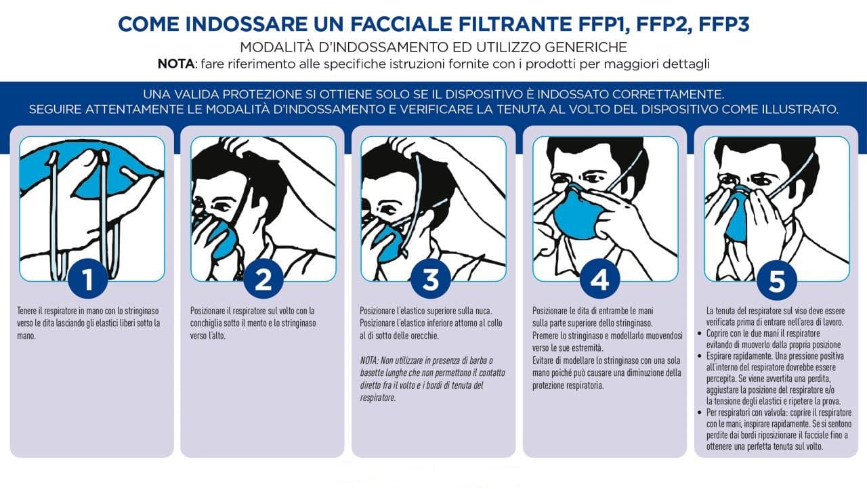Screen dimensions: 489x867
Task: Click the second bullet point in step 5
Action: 701,356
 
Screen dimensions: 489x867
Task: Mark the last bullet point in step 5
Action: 701,412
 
